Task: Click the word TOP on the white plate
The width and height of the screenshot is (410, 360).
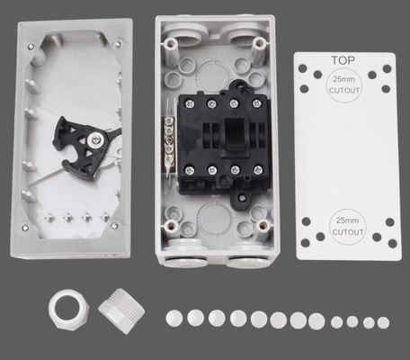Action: (343, 60)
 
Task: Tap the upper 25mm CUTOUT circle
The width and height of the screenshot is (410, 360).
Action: (343, 85)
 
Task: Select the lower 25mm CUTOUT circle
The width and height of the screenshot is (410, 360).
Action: (347, 227)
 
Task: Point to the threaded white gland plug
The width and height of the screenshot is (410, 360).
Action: (121, 311)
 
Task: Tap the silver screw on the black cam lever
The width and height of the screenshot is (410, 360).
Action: (96, 139)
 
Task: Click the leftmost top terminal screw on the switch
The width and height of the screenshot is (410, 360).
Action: (189, 104)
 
